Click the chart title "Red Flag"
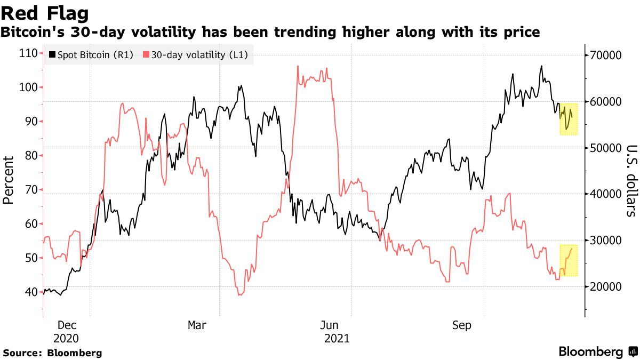pyautogui.click(x=45, y=12)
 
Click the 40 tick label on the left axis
pyautogui.click(x=30, y=292)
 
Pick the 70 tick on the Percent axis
pyautogui.click(x=30, y=190)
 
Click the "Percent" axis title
pyautogui.click(x=8, y=180)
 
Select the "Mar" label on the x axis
pyautogui.click(x=197, y=325)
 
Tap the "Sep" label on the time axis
pyautogui.click(x=461, y=325)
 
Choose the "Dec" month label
pyautogui.click(x=66, y=325)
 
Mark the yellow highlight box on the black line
pyautogui.click(x=569, y=118)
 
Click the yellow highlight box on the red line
pyautogui.click(x=569, y=260)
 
